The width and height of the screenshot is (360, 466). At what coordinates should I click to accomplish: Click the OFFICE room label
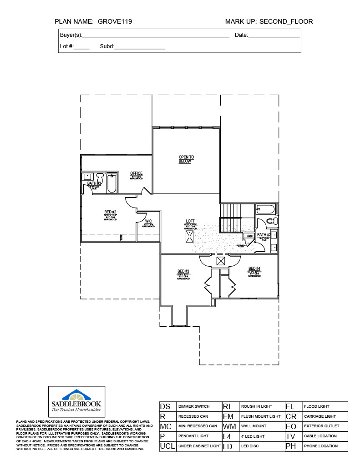tap(136, 173)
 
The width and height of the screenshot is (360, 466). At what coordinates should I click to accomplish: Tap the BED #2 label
tap(111, 212)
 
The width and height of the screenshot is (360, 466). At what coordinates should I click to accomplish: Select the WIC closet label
tap(148, 221)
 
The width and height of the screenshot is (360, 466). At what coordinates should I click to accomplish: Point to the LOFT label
tap(190, 221)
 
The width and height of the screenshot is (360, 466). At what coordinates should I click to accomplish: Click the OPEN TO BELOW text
tap(186, 159)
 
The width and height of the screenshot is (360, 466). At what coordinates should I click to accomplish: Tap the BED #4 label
tap(254, 268)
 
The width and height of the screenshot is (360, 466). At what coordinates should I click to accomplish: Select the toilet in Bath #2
tap(271, 221)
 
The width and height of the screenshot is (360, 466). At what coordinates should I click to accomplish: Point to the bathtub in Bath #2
tap(265, 209)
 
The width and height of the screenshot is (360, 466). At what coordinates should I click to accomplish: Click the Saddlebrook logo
tap(76, 401)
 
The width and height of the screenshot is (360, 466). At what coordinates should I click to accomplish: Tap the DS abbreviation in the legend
tap(165, 406)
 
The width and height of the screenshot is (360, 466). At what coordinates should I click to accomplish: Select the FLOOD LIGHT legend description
tap(317, 406)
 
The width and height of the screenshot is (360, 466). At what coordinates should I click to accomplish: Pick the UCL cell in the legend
tap(167, 446)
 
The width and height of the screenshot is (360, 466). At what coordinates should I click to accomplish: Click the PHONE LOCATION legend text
tap(321, 446)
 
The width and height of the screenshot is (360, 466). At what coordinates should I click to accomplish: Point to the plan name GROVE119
tap(115, 21)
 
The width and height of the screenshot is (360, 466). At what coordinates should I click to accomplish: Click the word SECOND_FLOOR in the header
tap(286, 21)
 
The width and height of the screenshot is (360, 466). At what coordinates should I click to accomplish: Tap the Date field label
tap(241, 35)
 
